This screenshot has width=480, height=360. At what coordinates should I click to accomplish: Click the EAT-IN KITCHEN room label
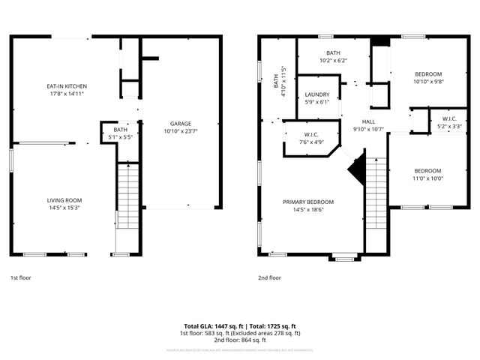point(64,88)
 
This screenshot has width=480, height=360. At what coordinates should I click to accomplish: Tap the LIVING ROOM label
point(64,200)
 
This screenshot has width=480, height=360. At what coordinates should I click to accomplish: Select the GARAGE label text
point(180,124)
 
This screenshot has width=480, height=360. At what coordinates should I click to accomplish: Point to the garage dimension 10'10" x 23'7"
point(180,132)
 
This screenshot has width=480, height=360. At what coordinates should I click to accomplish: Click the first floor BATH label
point(121,129)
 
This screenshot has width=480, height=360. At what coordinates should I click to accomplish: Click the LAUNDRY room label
point(317,94)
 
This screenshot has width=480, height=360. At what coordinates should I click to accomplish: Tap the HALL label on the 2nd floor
point(368,121)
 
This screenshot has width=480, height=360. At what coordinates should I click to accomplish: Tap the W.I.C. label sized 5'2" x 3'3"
point(449,118)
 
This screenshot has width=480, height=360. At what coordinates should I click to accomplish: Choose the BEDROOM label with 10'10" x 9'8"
point(428,73)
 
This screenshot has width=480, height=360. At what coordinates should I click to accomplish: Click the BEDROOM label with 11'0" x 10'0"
point(428,170)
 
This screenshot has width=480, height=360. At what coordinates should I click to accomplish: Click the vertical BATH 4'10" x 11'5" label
point(280,79)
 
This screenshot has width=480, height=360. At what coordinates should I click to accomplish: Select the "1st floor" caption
point(20,277)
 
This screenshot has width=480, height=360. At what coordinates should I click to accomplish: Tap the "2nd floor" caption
point(269,277)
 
